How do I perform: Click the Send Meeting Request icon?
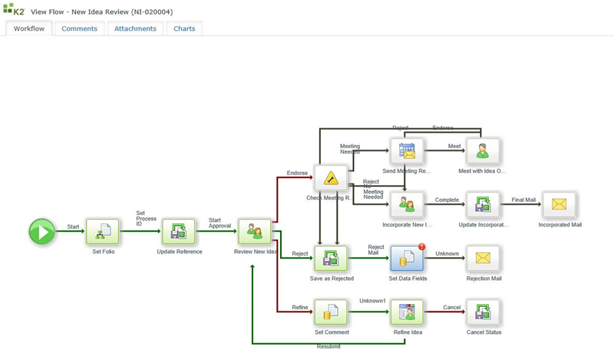[407, 150]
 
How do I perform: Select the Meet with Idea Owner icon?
[483, 150]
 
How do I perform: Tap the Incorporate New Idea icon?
[407, 204]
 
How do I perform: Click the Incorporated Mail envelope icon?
[559, 204]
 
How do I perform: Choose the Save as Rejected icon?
[331, 258]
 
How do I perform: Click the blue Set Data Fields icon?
[407, 258]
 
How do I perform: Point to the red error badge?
[421, 246]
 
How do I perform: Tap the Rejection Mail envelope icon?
[483, 258]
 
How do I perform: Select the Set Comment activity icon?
[331, 312]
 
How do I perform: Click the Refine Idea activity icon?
[407, 312]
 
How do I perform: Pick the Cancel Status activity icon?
[483, 312]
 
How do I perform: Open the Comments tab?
[80, 28]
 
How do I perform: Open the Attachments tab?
[135, 28]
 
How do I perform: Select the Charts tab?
[184, 28]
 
